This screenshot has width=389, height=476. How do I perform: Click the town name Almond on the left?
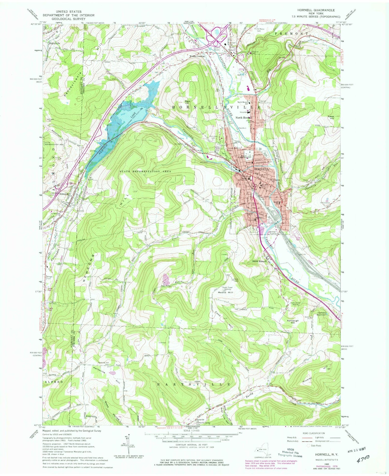click(x=64, y=194)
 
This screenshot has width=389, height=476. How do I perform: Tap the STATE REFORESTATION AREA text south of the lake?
click(x=145, y=172)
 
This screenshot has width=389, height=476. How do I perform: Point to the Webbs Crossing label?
click(x=197, y=56)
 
